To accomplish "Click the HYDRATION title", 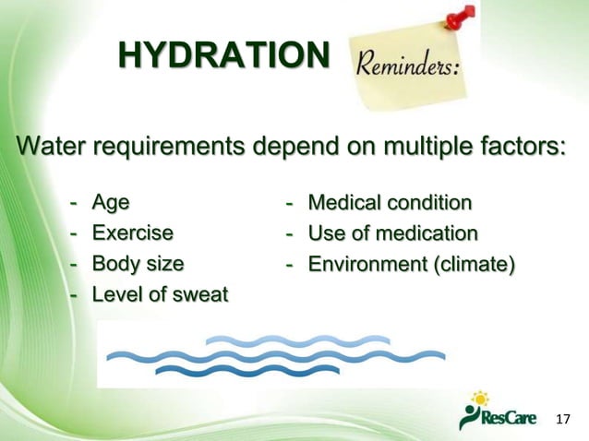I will pyautogui.click(x=222, y=56).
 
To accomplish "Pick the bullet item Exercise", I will pyautogui.click(x=132, y=232).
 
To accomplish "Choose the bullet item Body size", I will pyautogui.click(x=138, y=264).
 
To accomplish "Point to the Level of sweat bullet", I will pyautogui.click(x=160, y=295).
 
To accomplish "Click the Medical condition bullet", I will pyautogui.click(x=390, y=202).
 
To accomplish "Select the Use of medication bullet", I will pyautogui.click(x=392, y=232).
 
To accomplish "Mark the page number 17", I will pyautogui.click(x=564, y=420).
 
